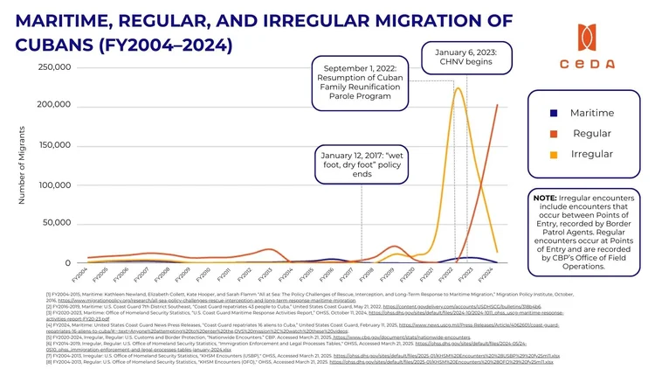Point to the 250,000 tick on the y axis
tap(55, 67)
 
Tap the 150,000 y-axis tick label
tap(55, 145)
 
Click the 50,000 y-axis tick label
tap(59, 224)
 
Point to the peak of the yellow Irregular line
tap(458, 87)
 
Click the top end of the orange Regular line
tap(498, 105)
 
